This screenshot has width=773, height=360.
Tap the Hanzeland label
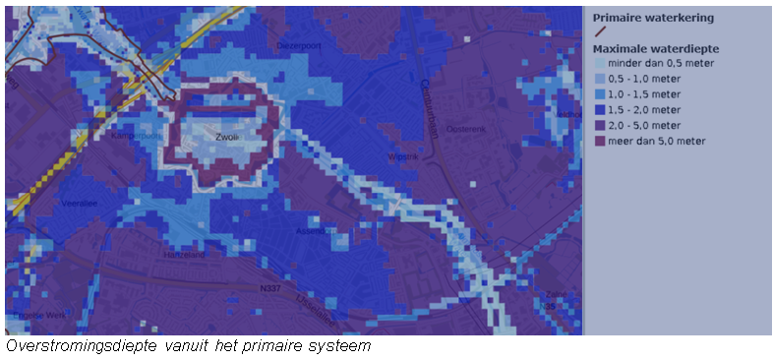[x=183, y=254]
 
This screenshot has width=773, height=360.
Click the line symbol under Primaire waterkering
[x=600, y=31]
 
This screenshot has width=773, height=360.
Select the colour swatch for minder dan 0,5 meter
[x=600, y=63]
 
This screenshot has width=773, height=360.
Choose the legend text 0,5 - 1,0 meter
[x=645, y=79]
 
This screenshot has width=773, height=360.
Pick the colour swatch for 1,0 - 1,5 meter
[x=600, y=94]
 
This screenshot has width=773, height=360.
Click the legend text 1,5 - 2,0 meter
[x=645, y=110]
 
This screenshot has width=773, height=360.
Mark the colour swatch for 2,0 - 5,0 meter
[x=600, y=126]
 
